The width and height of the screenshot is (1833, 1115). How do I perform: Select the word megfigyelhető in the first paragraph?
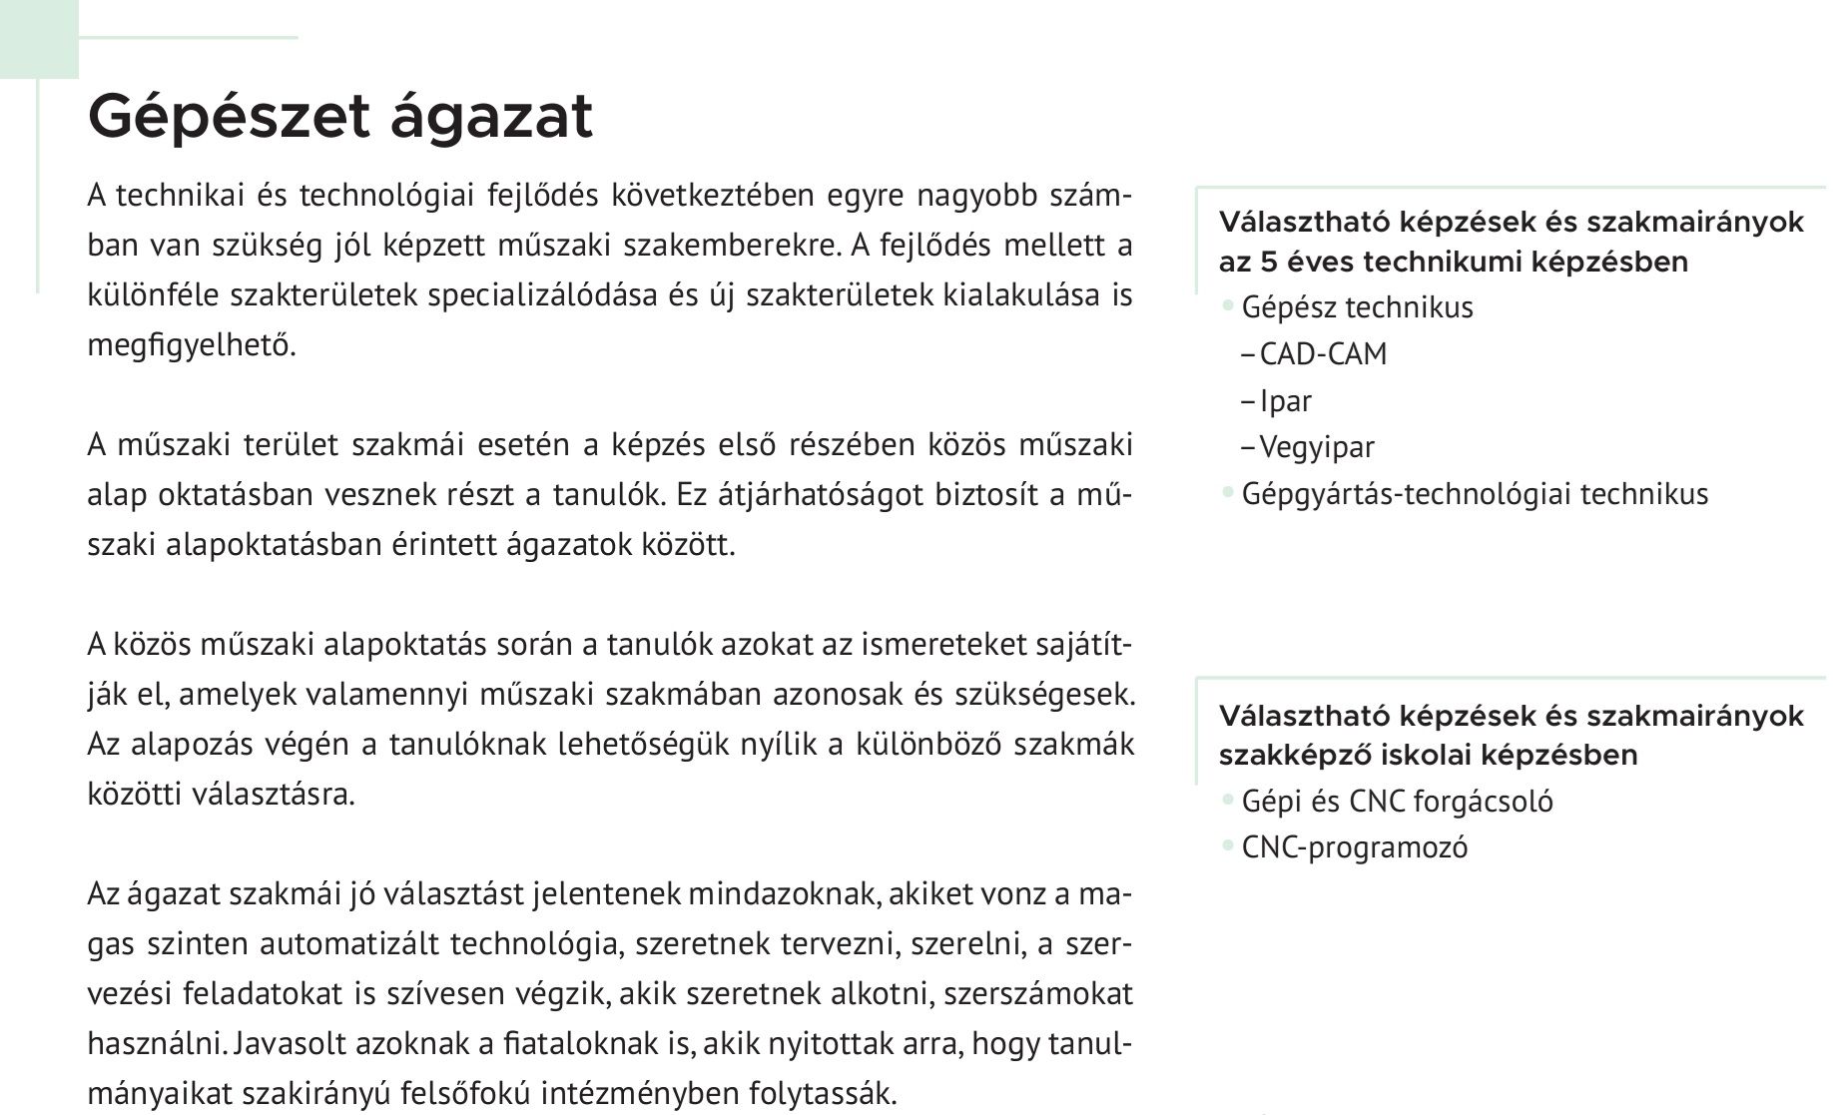click(x=192, y=345)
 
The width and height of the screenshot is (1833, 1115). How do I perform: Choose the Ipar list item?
click(x=1286, y=401)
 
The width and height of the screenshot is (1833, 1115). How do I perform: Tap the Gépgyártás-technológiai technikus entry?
click(x=1475, y=494)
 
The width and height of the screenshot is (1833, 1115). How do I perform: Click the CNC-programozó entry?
click(x=1355, y=847)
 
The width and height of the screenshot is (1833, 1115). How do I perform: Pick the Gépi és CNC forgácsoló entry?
click(x=1397, y=802)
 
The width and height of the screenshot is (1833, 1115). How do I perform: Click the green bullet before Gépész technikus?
click(x=1228, y=307)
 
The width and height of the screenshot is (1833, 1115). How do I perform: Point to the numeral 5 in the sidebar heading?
click(x=1263, y=263)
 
